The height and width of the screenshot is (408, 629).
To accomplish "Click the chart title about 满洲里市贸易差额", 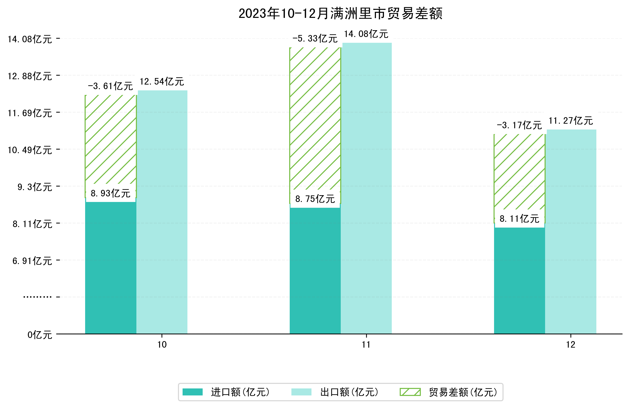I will point(340,14).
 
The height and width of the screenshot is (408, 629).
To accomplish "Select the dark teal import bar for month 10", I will point(111,267).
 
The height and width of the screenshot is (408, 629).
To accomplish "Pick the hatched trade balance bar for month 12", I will point(519,172).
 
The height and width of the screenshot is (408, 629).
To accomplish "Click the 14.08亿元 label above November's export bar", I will point(366,34).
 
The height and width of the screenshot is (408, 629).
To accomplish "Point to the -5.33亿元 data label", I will point(315,39).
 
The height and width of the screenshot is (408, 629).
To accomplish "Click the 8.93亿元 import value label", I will point(111,193).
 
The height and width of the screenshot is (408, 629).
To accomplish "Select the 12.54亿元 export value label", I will point(162,82).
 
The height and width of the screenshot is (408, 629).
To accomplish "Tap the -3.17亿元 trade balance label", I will point(519,125).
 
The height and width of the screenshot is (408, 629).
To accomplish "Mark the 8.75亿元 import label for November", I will point(315,199).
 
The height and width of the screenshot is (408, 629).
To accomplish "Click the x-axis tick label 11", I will point(366,345).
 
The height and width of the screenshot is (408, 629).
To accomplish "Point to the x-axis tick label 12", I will point(570,345).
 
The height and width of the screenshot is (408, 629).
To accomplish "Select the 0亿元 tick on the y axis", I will point(40,335).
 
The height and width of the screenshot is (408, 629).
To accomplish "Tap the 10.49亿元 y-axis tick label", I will point(30,150).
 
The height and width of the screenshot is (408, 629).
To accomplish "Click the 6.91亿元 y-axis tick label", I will point(32,261).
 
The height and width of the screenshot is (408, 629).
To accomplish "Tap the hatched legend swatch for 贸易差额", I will point(410,392).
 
